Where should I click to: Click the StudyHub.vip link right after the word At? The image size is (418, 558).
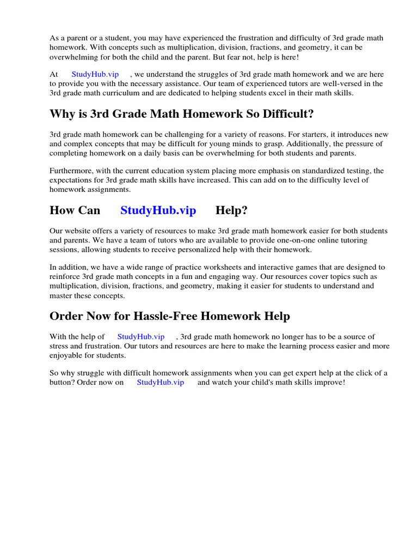(x=95, y=74)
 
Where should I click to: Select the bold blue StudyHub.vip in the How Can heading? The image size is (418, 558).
(x=158, y=210)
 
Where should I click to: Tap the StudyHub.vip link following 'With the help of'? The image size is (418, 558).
(x=140, y=337)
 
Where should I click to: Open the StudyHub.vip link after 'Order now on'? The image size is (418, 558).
(x=160, y=383)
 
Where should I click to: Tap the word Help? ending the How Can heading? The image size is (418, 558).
(x=231, y=210)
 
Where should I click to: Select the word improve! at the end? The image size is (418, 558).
(x=329, y=383)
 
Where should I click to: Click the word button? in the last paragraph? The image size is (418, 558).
(x=63, y=383)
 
